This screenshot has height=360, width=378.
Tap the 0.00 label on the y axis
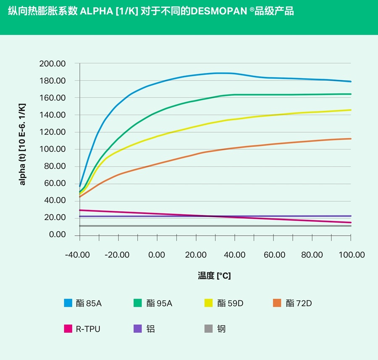(58, 235)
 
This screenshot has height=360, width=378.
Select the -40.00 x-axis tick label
(78, 255)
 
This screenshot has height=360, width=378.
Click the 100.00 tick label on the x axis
(351, 255)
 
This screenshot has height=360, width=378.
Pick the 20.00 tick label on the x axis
(196, 255)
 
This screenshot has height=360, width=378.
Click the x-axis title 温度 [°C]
(214, 276)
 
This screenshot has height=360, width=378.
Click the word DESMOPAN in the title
(218, 11)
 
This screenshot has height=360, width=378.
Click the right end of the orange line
(351, 139)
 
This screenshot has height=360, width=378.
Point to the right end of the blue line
(351, 81)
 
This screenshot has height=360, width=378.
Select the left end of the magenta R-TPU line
(80, 210)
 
